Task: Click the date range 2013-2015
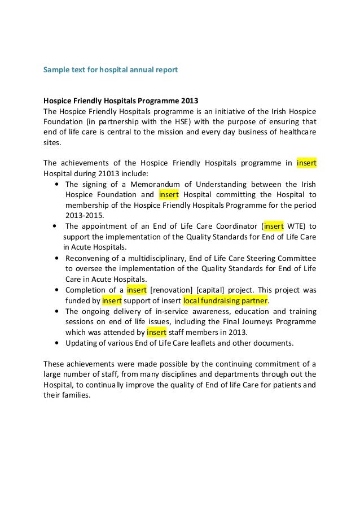pos(85,216)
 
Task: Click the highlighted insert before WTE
pos(273,226)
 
